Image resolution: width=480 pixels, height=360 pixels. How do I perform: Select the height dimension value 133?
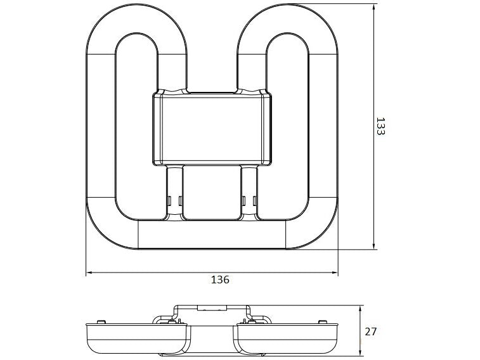(380, 126)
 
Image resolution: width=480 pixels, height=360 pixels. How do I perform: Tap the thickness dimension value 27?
(372, 331)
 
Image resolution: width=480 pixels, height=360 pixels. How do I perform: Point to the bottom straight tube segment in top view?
(212, 234)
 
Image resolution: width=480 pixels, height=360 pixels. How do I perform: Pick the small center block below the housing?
(212, 193)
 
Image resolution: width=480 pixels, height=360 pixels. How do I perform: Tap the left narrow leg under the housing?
(174, 193)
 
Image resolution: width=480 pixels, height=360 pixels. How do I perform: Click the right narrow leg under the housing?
(249, 193)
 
